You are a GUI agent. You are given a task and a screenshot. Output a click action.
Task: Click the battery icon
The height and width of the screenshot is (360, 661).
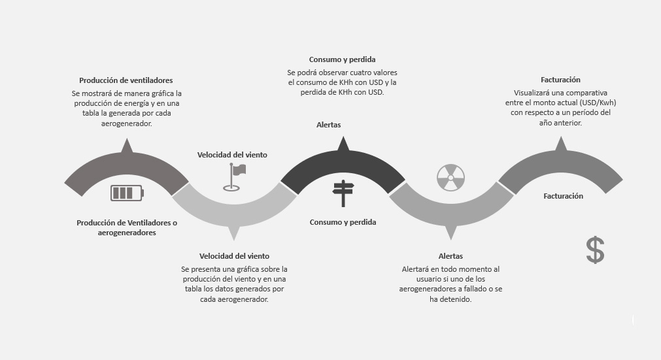(x=127, y=193)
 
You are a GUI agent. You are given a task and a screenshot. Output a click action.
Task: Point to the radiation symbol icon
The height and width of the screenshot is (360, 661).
(x=450, y=178)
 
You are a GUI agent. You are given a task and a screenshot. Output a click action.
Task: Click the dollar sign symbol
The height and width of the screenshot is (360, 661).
(x=594, y=250)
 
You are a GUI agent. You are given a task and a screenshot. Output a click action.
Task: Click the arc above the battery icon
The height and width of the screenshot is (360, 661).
(x=126, y=163)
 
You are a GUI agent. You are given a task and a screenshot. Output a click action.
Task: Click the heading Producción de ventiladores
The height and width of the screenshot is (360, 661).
(x=126, y=80)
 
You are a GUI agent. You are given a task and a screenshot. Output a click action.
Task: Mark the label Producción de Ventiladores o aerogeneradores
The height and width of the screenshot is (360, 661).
(x=127, y=227)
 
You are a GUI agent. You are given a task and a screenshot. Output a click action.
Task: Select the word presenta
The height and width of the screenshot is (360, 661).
(x=211, y=269)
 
